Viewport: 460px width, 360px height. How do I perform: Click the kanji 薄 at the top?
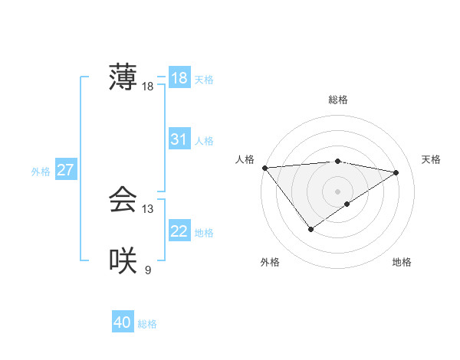(123, 77)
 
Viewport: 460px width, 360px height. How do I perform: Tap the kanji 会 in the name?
(123, 200)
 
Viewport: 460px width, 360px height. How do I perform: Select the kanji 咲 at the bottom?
(123, 260)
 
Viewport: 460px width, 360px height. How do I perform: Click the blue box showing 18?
(179, 78)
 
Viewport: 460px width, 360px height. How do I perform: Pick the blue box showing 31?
(179, 139)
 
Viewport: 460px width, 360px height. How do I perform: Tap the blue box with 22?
(179, 231)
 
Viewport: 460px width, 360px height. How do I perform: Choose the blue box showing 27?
(65, 170)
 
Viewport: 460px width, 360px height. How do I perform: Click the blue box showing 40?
(123, 323)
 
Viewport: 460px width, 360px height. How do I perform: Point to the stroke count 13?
(147, 209)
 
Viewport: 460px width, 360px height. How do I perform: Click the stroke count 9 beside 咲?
(147, 270)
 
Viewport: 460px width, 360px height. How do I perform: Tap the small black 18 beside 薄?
(147, 87)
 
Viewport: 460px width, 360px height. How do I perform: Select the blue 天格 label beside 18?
(204, 79)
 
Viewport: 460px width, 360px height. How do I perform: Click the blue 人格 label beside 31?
(204, 141)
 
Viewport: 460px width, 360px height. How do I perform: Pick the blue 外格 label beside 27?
(41, 172)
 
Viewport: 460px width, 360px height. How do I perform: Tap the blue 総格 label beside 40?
(147, 324)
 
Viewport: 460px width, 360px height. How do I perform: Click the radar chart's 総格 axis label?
(337, 100)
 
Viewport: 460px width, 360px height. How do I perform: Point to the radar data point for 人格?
(264, 168)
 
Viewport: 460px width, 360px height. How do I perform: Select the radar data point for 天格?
(396, 172)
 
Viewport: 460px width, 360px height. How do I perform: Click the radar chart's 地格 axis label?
(402, 263)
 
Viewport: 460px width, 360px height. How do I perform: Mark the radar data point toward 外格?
(310, 229)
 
